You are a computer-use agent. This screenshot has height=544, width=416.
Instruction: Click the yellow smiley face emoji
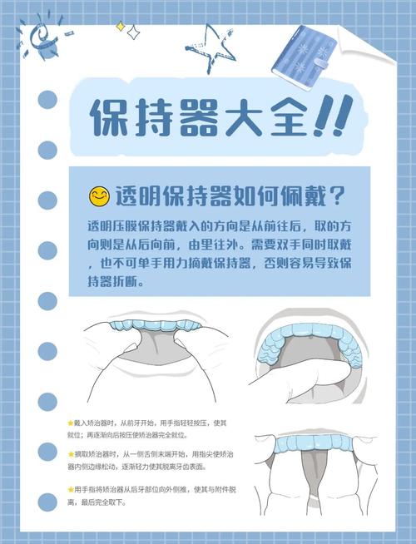[100, 196]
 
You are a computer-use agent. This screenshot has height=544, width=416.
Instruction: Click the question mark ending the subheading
[338, 196]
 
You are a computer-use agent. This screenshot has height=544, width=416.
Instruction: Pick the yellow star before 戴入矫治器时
[71, 423]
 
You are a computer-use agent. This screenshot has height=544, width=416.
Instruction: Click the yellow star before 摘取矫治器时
[71, 454]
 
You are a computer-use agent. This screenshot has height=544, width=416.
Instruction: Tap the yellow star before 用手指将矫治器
[71, 490]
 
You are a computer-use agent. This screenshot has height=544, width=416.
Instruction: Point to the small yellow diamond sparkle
[121, 27]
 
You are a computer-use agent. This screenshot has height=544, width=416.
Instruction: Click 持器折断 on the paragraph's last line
[116, 282]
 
